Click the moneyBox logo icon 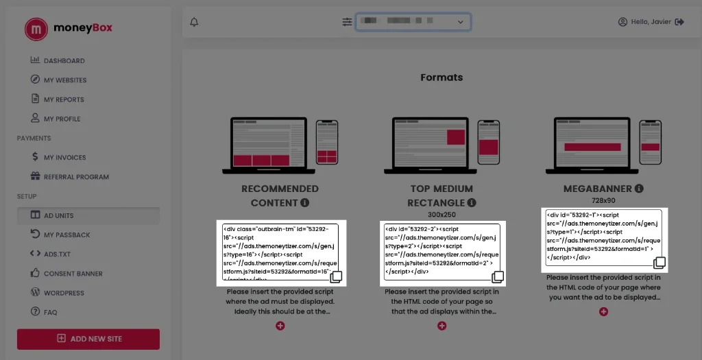point(36,29)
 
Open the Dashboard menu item point(64,60)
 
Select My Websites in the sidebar point(65,80)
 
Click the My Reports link point(64,99)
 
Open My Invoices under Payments point(64,157)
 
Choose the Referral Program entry point(76,177)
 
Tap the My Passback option point(66,235)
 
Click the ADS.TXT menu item point(57,254)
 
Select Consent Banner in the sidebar point(73,274)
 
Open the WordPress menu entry point(64,293)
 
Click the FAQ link point(50,312)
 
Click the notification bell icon point(194,22)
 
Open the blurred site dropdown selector point(413,22)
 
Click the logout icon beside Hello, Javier point(679,22)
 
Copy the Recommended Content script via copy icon point(336,277)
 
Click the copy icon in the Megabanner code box point(659,263)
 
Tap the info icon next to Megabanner point(639,189)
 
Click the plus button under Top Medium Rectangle point(441,326)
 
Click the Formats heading point(441,77)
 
